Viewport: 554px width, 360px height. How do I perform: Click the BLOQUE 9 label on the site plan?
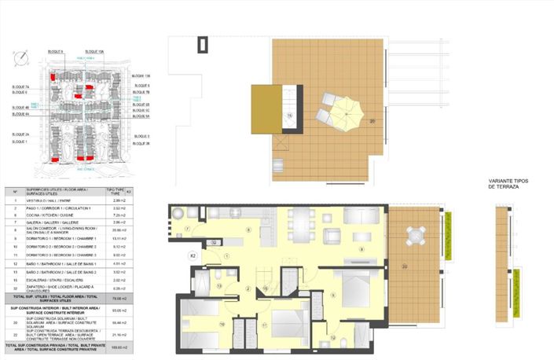click(55, 51)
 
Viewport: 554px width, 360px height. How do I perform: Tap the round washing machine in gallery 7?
click(179, 211)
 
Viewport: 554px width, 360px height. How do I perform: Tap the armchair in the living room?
click(333, 235)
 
